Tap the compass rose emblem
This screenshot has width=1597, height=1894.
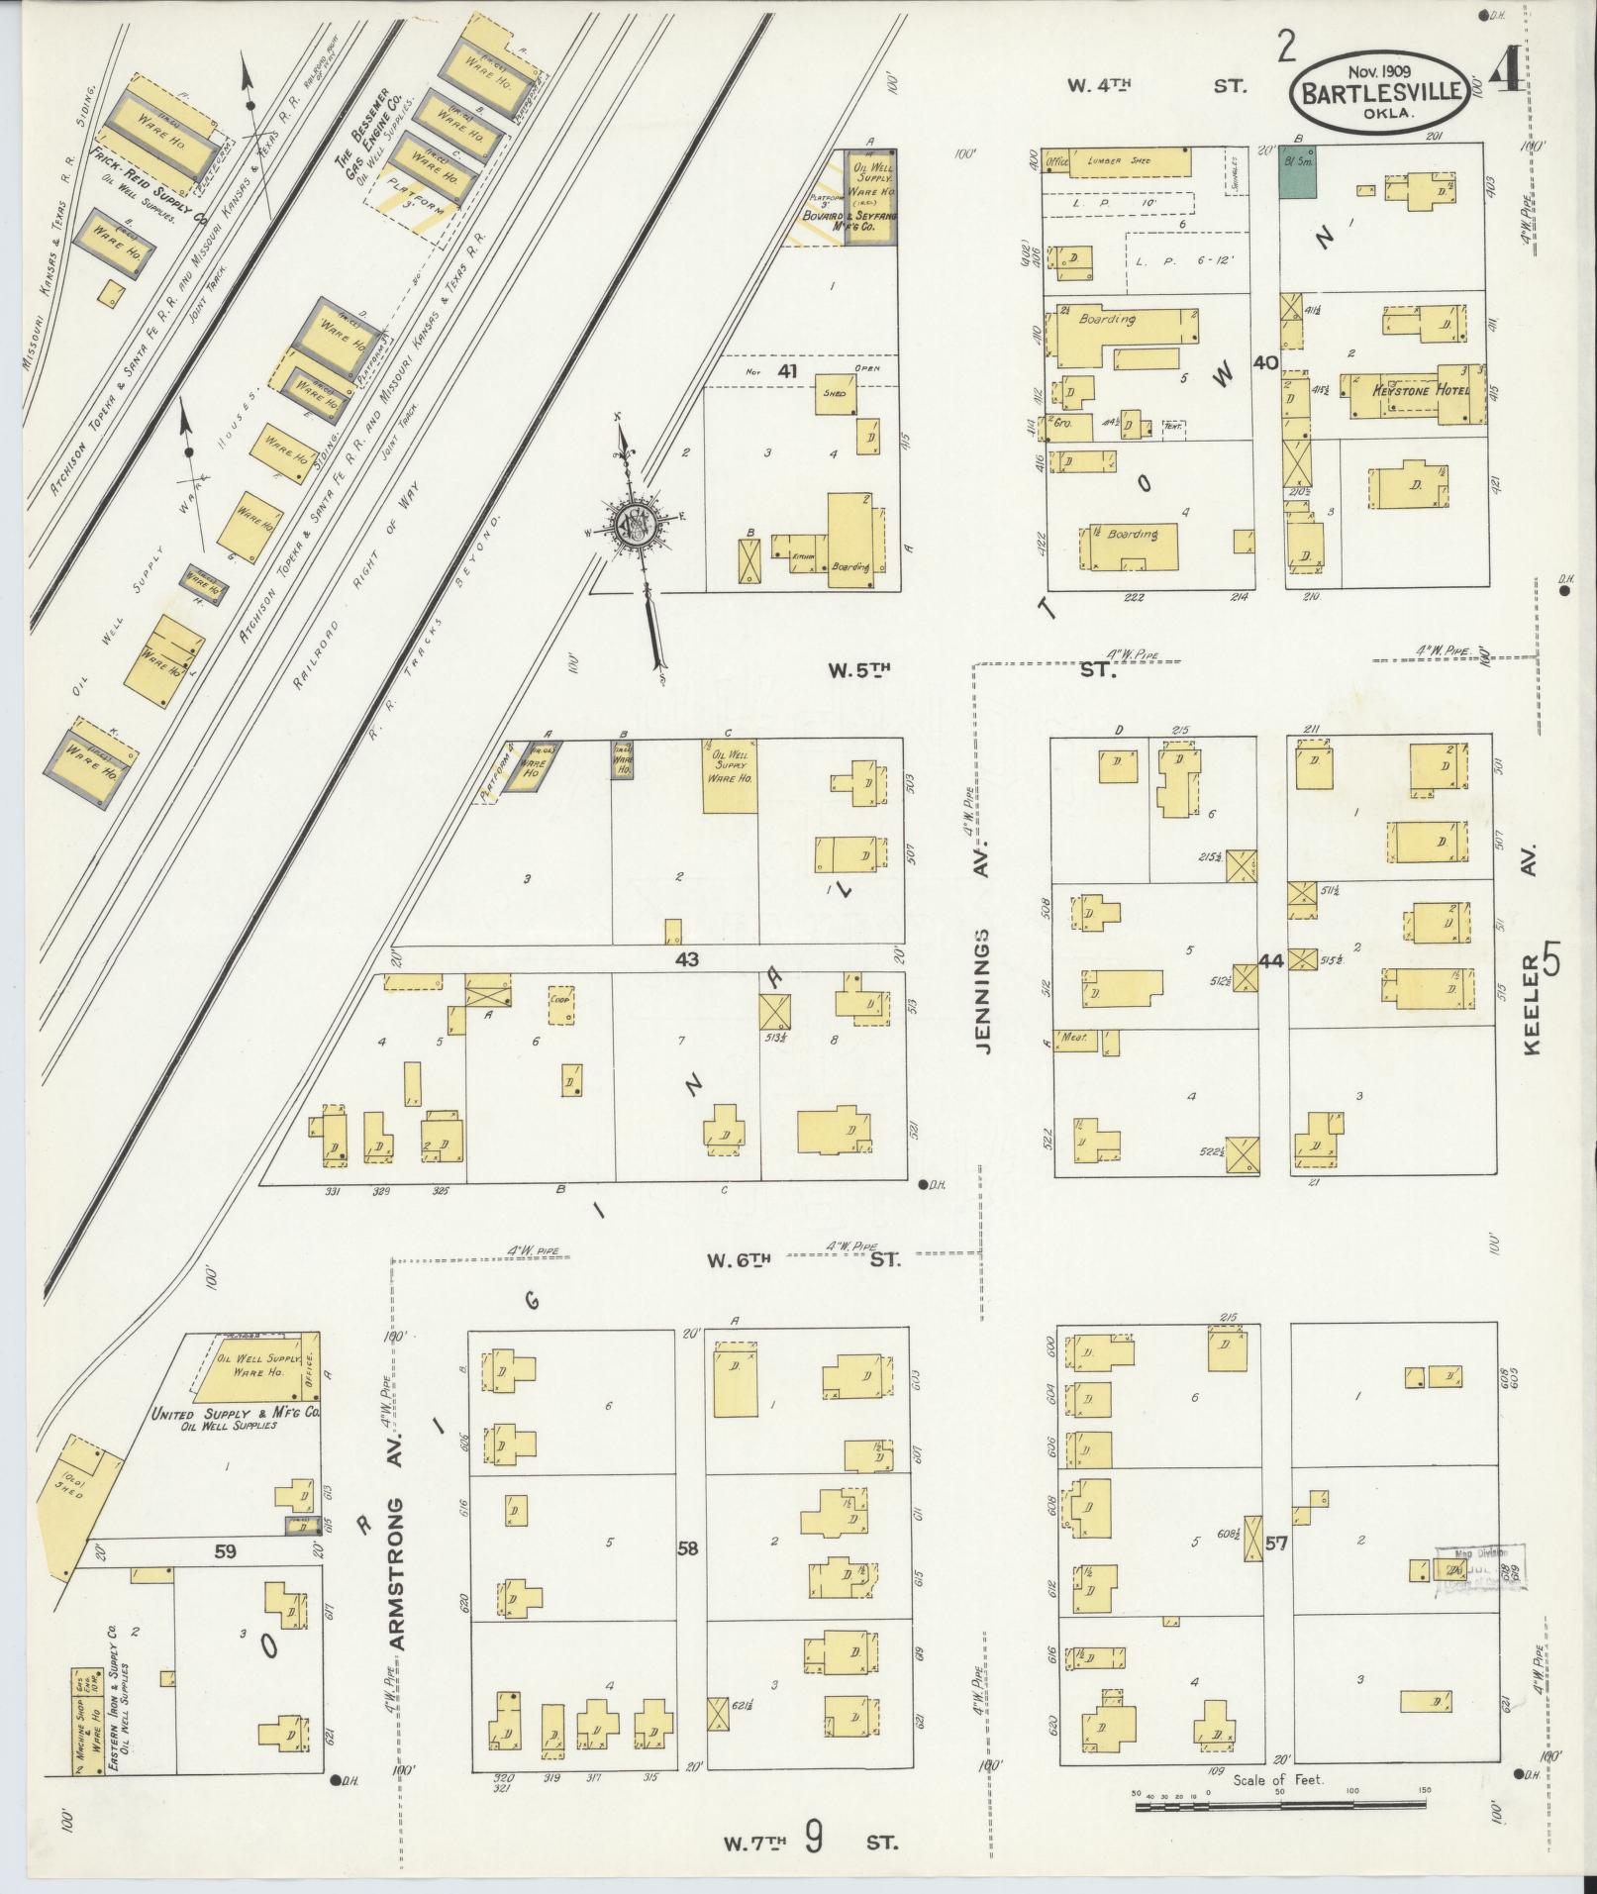[631, 525]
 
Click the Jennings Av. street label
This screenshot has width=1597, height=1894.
[984, 990]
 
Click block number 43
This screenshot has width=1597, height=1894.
[687, 958]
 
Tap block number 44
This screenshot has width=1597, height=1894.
[1271, 959]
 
